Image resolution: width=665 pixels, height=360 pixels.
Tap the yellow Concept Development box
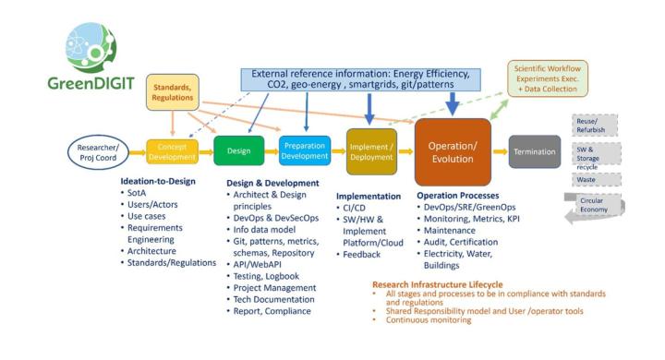(172, 151)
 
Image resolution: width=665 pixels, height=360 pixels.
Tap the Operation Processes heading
(458, 196)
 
